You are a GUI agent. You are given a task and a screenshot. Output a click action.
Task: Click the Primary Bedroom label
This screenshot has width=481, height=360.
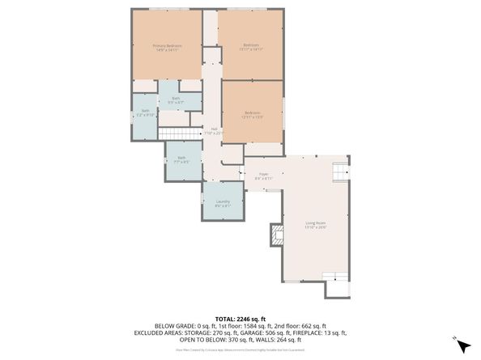(168, 45)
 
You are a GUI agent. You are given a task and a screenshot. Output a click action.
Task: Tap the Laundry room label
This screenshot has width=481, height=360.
(223, 201)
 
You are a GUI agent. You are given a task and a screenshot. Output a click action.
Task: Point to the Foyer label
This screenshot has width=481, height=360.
(263, 173)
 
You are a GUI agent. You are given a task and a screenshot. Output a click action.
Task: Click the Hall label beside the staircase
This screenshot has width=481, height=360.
(215, 129)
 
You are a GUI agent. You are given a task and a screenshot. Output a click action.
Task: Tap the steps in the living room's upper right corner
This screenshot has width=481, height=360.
(340, 171)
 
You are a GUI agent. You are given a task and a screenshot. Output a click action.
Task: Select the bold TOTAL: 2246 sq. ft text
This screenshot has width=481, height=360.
(240, 320)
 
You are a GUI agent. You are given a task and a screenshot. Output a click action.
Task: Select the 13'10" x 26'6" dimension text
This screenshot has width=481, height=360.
(315, 227)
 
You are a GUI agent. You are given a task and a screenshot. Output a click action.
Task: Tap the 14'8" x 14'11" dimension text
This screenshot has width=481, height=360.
(168, 50)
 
